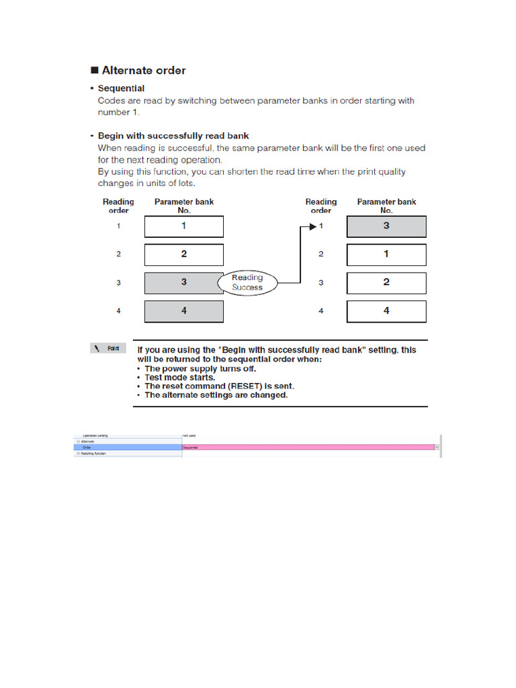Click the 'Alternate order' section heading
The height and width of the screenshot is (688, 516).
pos(143,71)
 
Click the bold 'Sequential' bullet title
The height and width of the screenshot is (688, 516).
pos(121,88)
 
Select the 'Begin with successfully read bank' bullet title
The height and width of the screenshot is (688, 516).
pos(173,136)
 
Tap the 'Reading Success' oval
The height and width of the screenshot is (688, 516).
pos(247,282)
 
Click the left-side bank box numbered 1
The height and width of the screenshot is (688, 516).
pos(184,226)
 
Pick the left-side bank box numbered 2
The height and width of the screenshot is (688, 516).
pos(184,255)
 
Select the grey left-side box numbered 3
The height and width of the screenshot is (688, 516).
pos(184,283)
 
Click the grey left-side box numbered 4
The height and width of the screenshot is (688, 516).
pos(184,311)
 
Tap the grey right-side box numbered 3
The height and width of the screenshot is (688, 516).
pos(386,226)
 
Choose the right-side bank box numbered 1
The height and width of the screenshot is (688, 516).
pos(386,255)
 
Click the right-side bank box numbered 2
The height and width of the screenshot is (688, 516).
pos(386,283)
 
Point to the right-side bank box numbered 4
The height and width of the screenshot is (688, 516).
pos(386,311)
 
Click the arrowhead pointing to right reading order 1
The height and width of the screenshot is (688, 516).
pos(313,226)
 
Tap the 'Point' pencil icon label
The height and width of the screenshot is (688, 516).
pos(106,348)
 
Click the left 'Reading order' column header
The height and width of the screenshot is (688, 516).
pos(118,206)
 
